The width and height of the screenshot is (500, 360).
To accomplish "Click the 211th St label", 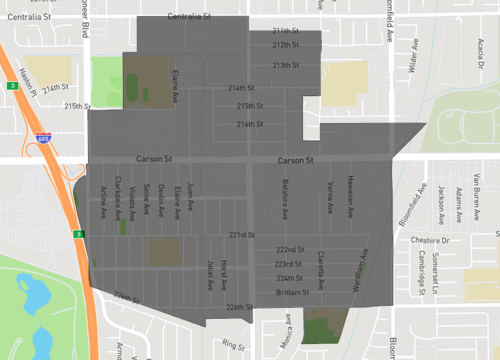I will (286, 31).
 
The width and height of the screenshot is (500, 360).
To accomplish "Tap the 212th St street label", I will (286, 45).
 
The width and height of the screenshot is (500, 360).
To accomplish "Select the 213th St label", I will (286, 65).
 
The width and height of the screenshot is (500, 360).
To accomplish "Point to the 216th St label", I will (250, 124).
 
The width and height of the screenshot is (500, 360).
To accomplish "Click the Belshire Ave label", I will (285, 199).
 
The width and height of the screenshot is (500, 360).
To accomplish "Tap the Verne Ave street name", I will (330, 196).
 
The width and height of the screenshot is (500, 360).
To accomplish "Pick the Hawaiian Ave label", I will (351, 195).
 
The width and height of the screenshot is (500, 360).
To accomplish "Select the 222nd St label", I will (290, 249).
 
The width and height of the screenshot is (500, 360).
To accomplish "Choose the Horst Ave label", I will (224, 268).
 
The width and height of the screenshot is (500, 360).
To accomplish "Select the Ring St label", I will (234, 345).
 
